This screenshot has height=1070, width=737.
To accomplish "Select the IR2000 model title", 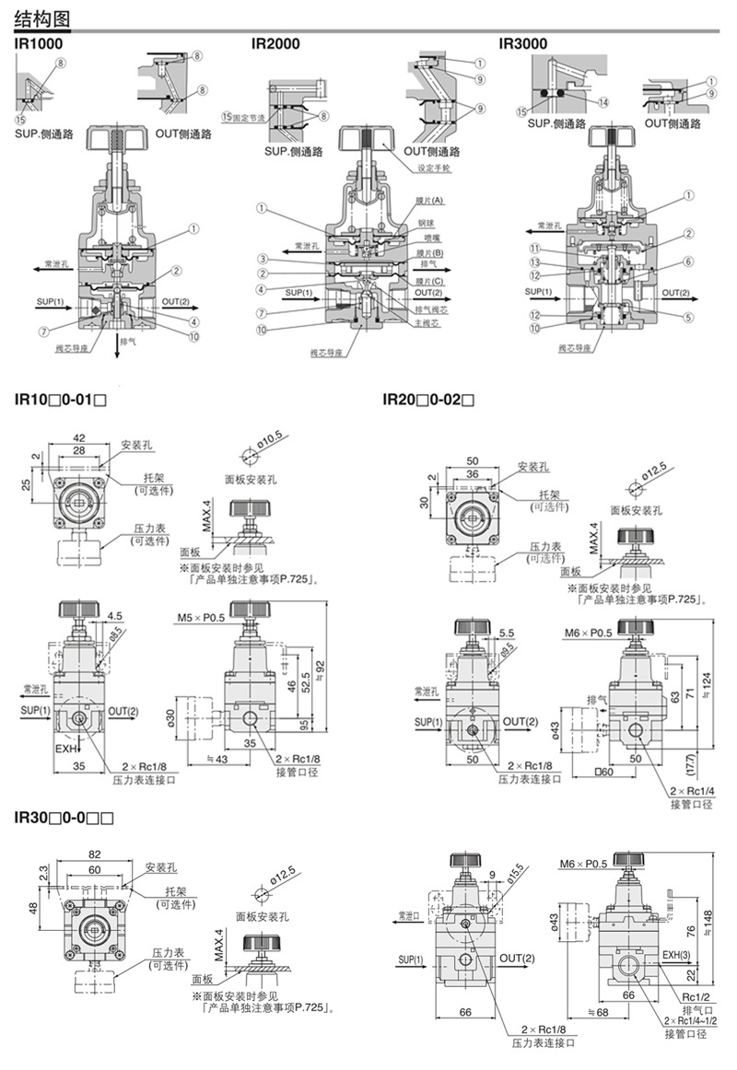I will click(275, 42).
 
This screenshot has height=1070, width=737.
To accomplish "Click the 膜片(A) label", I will click(429, 201).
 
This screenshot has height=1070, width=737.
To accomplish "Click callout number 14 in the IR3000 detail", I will click(602, 102).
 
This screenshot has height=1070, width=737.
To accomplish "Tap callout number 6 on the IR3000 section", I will click(687, 262).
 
